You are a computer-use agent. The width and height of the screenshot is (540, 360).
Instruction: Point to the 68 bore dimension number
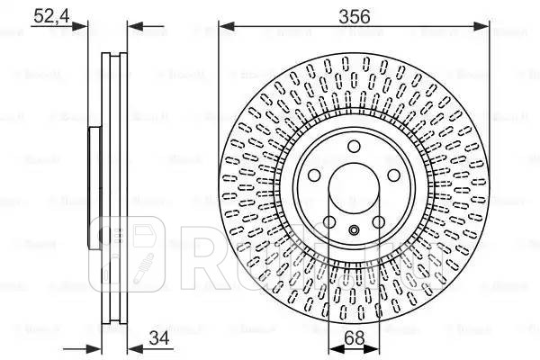[x=354, y=339]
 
